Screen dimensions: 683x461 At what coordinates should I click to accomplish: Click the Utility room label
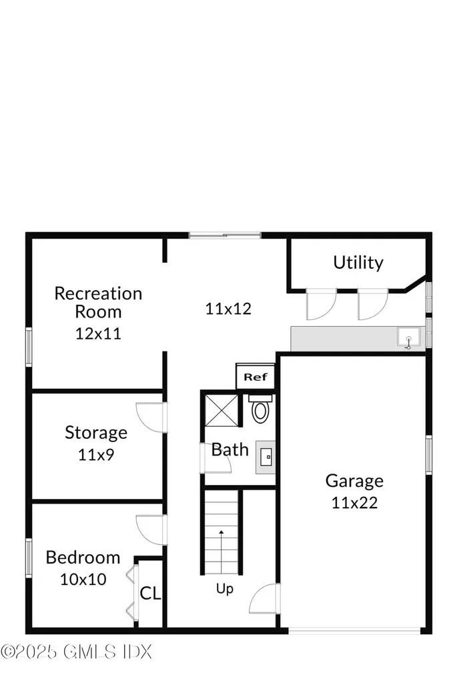[358, 262]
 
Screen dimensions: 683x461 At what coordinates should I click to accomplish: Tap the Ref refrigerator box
[255, 377]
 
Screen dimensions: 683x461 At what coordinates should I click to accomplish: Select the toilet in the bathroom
[260, 410]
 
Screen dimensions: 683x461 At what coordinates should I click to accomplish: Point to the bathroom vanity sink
[266, 457]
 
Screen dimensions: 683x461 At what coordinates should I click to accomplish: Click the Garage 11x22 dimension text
[354, 502]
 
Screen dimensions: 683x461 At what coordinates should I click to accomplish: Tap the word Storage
[96, 432]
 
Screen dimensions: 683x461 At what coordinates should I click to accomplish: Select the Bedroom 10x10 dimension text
[83, 579]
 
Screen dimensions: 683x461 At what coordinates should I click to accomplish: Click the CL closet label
[150, 593]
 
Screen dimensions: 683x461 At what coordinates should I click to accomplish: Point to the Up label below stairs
[224, 590]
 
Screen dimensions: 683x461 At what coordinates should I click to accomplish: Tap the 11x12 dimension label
[228, 309]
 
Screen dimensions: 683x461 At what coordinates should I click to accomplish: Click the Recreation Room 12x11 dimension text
[98, 333]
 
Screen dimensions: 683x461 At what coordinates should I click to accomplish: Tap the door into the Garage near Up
[264, 600]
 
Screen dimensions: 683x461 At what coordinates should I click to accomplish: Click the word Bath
[230, 450]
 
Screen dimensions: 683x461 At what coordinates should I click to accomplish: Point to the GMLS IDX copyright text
[77, 651]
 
